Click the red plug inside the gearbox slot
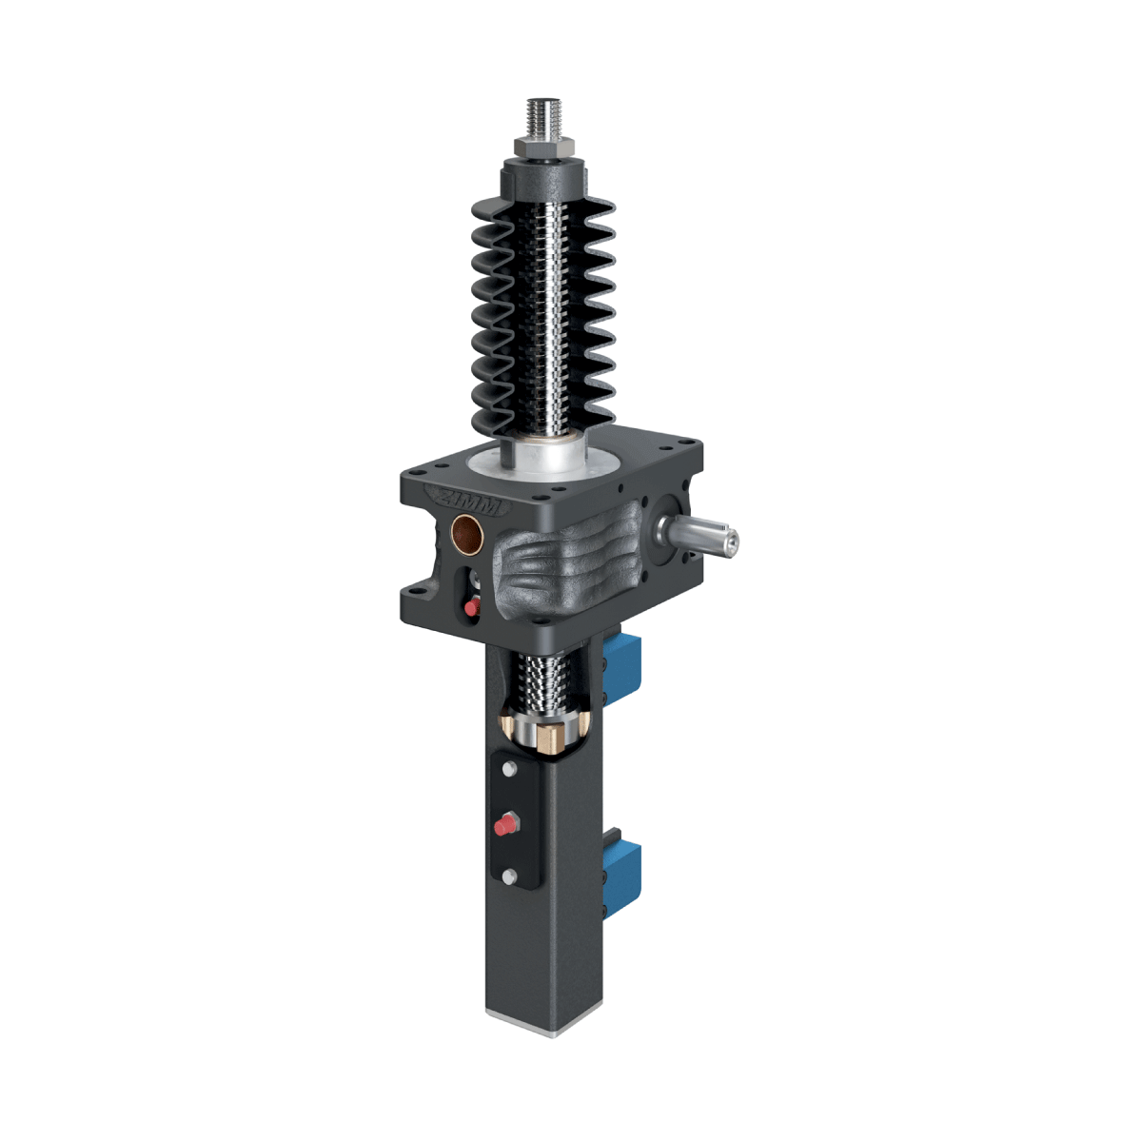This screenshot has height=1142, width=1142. coord(468,606)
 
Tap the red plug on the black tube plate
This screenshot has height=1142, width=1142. coord(503,824)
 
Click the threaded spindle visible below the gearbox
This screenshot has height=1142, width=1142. coord(544,680)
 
